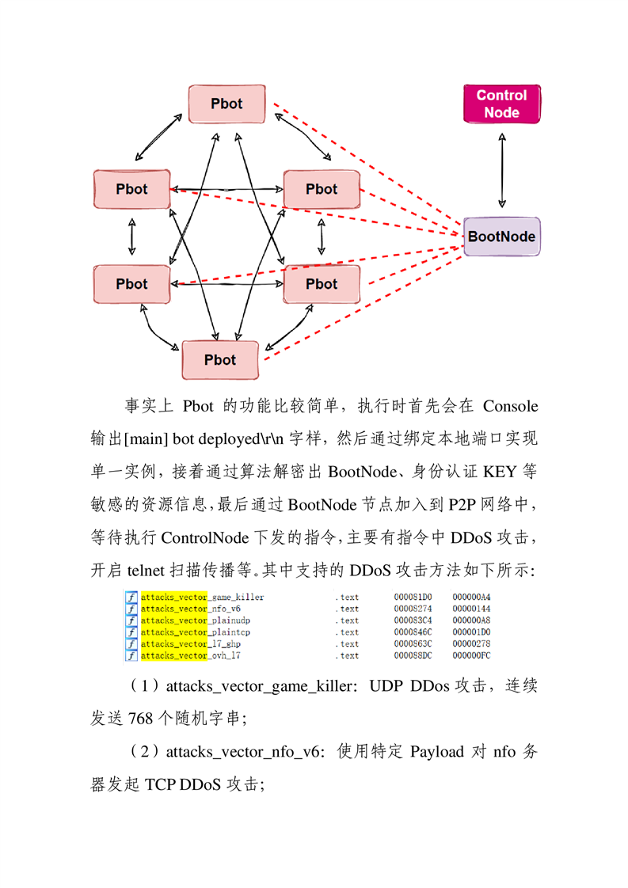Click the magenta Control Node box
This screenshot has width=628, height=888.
click(501, 104)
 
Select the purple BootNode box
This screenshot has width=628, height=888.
click(501, 236)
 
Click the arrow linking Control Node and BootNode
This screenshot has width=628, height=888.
click(501, 170)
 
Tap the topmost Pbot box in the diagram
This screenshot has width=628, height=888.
click(226, 104)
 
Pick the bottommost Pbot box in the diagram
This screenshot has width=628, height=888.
click(220, 359)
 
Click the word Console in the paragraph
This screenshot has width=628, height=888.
click(510, 406)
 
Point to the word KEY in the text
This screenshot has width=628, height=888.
click(500, 472)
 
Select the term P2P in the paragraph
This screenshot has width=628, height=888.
click(462, 505)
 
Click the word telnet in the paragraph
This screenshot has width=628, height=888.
click(146, 571)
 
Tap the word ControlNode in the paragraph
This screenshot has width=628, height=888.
click(204, 537)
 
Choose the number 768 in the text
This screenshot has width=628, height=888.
click(140, 719)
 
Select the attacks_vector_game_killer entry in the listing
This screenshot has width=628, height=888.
click(203, 597)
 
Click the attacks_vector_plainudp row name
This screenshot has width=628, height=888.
click(196, 620)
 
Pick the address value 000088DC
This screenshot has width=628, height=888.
click(413, 655)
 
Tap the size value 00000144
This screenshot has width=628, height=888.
click(471, 609)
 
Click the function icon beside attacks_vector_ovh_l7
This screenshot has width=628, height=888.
click(131, 655)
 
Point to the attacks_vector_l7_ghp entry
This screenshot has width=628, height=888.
click(190, 644)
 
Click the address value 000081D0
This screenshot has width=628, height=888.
click(413, 597)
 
